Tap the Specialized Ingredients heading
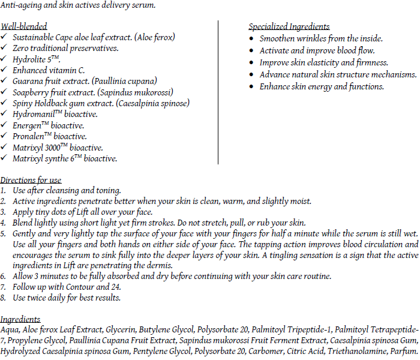289,26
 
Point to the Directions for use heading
31,180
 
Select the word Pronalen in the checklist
28,136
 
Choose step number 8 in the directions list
4,298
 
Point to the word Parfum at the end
403,351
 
